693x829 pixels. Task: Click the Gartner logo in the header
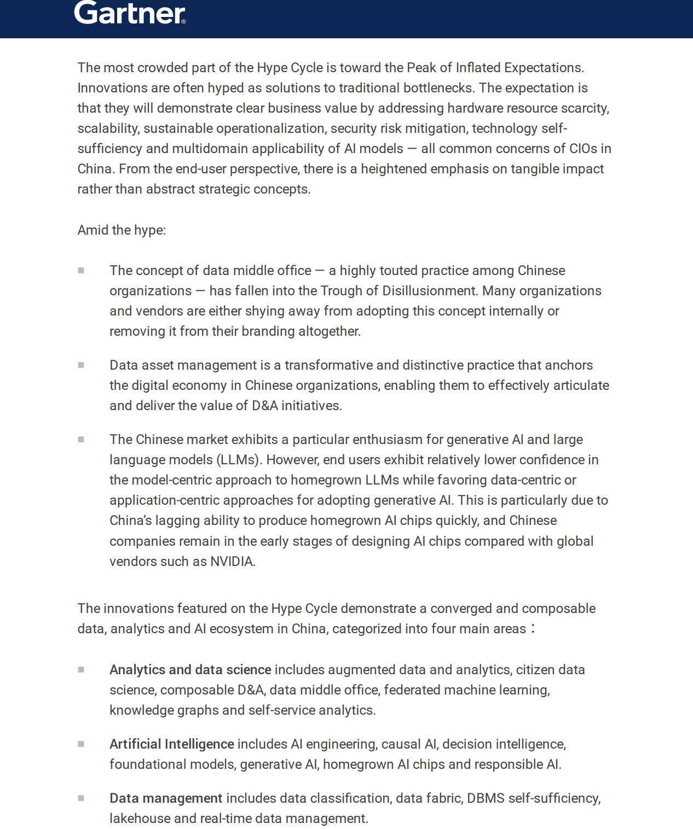(x=129, y=13)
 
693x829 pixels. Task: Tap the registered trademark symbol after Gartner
(x=183, y=21)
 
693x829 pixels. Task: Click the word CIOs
(x=583, y=149)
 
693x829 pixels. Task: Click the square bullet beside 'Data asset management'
(x=81, y=365)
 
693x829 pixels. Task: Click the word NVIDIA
(x=232, y=562)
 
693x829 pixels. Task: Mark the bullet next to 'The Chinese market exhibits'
(x=81, y=440)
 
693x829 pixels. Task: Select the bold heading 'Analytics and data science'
(x=190, y=670)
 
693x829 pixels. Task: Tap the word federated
(x=412, y=690)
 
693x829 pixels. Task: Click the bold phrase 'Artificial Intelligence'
(x=171, y=744)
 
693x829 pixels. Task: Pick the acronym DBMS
(x=486, y=798)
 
